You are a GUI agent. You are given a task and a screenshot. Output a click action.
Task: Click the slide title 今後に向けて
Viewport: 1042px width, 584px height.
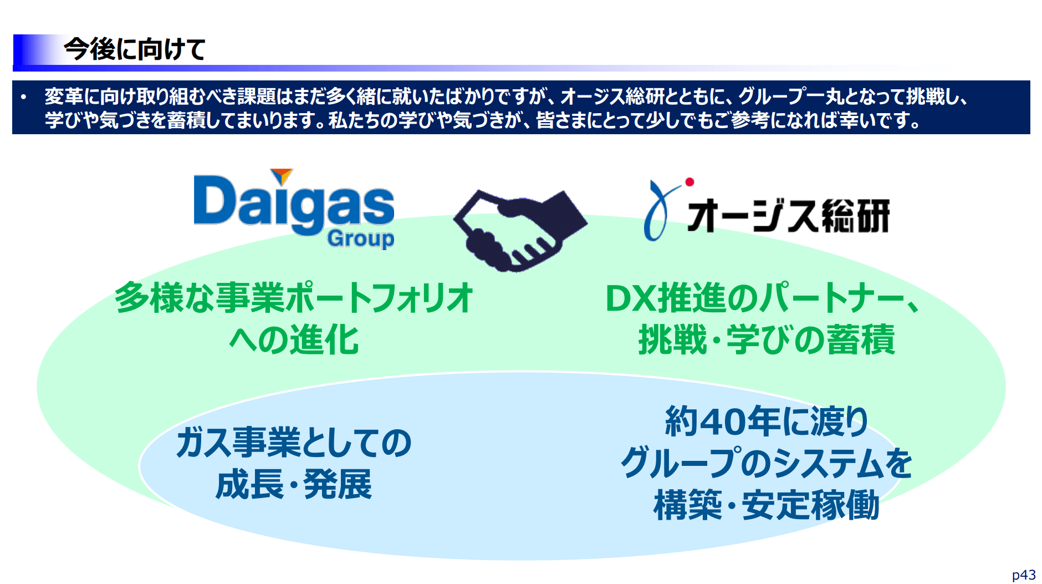[x=135, y=49]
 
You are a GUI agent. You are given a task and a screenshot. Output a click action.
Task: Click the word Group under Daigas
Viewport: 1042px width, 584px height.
[x=360, y=238]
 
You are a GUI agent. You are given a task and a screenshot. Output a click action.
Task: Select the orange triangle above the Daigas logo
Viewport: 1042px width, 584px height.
[x=282, y=176]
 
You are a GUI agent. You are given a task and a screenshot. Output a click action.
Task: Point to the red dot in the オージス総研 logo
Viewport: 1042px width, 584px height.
[x=689, y=182]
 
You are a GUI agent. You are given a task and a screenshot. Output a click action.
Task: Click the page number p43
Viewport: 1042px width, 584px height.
[x=1024, y=575]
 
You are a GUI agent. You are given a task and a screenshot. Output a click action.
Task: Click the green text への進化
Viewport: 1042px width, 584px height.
[x=294, y=339]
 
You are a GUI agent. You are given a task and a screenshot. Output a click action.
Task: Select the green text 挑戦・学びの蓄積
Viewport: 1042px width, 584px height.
[x=767, y=339]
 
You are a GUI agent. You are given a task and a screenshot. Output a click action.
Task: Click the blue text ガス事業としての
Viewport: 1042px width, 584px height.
[x=294, y=443]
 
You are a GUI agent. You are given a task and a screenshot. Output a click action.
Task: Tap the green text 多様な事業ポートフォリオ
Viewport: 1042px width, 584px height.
[x=294, y=298]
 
